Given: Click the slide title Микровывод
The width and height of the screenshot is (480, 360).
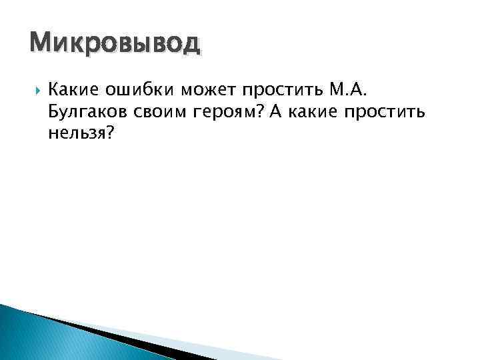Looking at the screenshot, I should [114, 45].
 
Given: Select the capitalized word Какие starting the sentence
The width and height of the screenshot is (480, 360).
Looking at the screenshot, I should [73, 90].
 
